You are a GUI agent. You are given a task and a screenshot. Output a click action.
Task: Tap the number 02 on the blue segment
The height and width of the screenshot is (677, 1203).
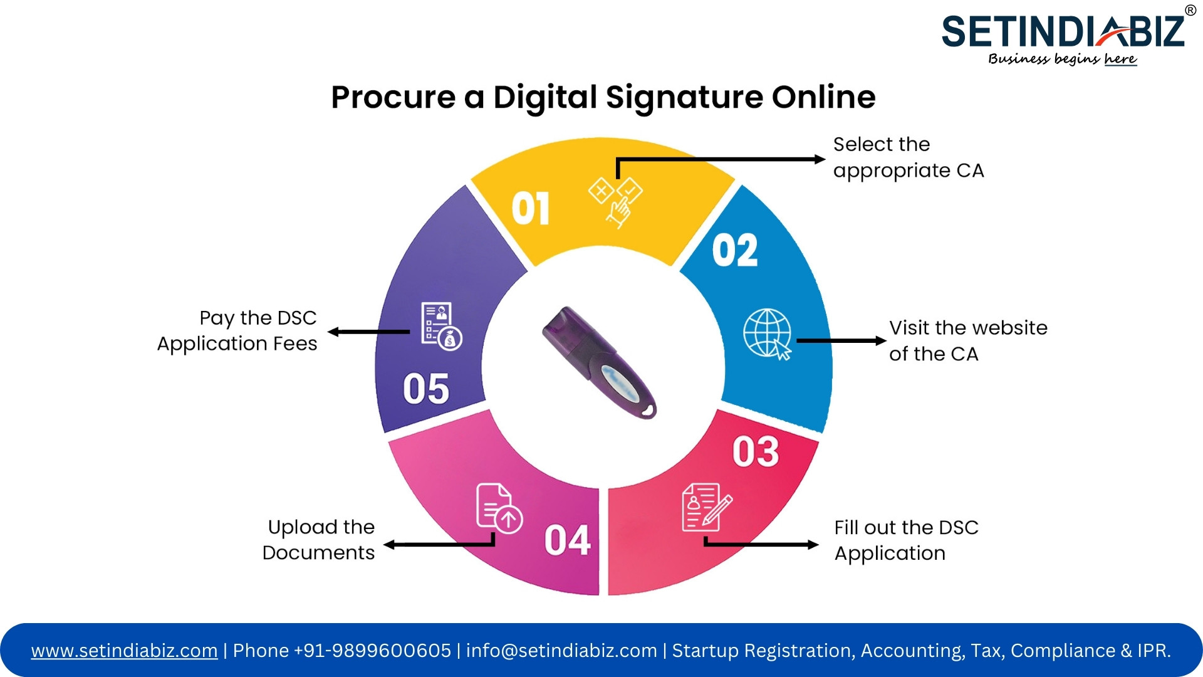735,250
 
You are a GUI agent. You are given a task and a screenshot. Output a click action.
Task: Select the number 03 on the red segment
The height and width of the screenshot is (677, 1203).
756,451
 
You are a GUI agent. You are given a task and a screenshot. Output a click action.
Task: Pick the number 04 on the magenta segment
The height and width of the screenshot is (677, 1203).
568,540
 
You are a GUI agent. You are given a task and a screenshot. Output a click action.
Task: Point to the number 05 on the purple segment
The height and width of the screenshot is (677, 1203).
426,388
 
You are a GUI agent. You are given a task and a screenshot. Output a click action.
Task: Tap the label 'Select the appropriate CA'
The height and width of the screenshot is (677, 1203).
909,157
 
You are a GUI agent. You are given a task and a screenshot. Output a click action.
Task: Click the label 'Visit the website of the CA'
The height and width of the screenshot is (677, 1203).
968,340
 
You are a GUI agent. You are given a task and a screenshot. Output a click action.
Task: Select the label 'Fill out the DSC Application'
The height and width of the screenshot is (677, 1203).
906,540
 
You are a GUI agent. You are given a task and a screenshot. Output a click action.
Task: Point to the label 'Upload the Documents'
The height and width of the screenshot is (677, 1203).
318,540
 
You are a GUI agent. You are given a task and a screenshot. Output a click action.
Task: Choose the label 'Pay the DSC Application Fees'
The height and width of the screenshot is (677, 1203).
237,331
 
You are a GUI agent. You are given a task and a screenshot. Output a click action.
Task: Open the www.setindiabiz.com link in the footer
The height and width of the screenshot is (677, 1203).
125,651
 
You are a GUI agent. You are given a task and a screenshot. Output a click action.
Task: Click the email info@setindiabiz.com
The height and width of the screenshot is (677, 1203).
561,651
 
